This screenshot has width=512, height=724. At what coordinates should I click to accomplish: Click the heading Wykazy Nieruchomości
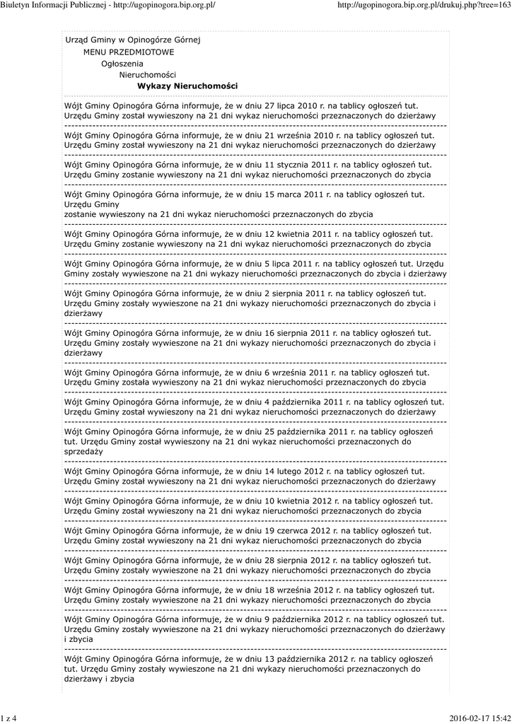pyautogui.click(x=187, y=86)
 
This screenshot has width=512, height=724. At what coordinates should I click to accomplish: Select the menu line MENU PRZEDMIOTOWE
pyautogui.click(x=128, y=52)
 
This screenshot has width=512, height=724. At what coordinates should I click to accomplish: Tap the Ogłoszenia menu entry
pyautogui.click(x=122, y=63)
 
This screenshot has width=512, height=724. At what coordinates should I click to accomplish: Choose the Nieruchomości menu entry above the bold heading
pyautogui.click(x=148, y=74)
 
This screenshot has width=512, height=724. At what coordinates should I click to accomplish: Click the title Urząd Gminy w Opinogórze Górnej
pyautogui.click(x=132, y=40)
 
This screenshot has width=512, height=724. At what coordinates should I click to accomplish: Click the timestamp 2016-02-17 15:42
pyautogui.click(x=479, y=718)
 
